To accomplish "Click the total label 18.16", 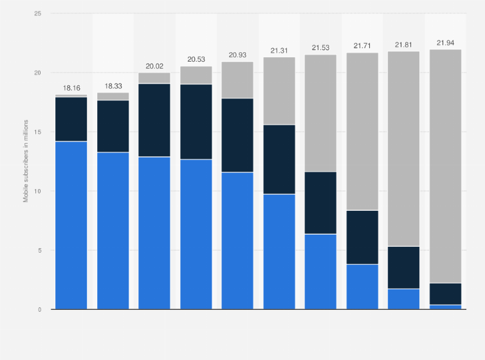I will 71,87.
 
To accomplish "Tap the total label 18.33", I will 113,85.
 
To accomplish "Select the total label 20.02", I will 154,66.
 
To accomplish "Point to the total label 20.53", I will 196,59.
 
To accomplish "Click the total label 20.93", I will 237,55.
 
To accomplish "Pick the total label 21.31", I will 279,50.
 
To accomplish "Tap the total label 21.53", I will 320,48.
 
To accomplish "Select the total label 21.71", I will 362,46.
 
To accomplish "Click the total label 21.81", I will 404,44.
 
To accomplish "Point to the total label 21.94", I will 445,43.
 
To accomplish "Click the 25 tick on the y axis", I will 38,14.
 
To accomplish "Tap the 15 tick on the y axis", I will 38,132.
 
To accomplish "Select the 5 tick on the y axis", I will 40,250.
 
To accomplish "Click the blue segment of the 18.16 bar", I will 71,225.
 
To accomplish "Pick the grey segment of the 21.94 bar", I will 445,166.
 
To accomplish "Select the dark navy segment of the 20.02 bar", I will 154,120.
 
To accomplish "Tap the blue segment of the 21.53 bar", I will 320,271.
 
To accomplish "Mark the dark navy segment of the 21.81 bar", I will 404,267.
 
